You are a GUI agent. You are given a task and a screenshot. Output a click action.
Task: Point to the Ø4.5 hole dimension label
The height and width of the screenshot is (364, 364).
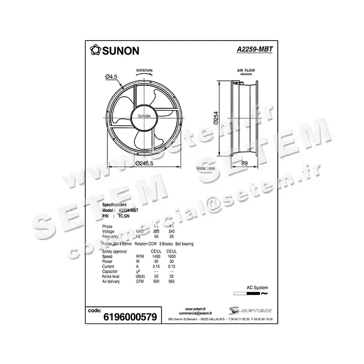[111, 76]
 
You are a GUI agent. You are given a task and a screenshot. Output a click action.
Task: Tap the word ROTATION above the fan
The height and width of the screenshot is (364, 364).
[144, 71]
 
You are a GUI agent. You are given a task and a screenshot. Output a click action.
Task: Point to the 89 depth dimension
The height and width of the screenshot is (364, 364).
[245, 163]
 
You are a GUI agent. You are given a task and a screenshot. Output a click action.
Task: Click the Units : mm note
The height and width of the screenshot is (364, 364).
[206, 169]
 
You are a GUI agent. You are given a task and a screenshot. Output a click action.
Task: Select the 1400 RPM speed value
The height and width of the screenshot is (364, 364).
[156, 256]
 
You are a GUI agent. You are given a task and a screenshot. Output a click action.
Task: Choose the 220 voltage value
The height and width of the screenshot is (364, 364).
[156, 231]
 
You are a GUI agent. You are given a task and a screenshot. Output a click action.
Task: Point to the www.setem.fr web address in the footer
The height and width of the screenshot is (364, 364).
[193, 309]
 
